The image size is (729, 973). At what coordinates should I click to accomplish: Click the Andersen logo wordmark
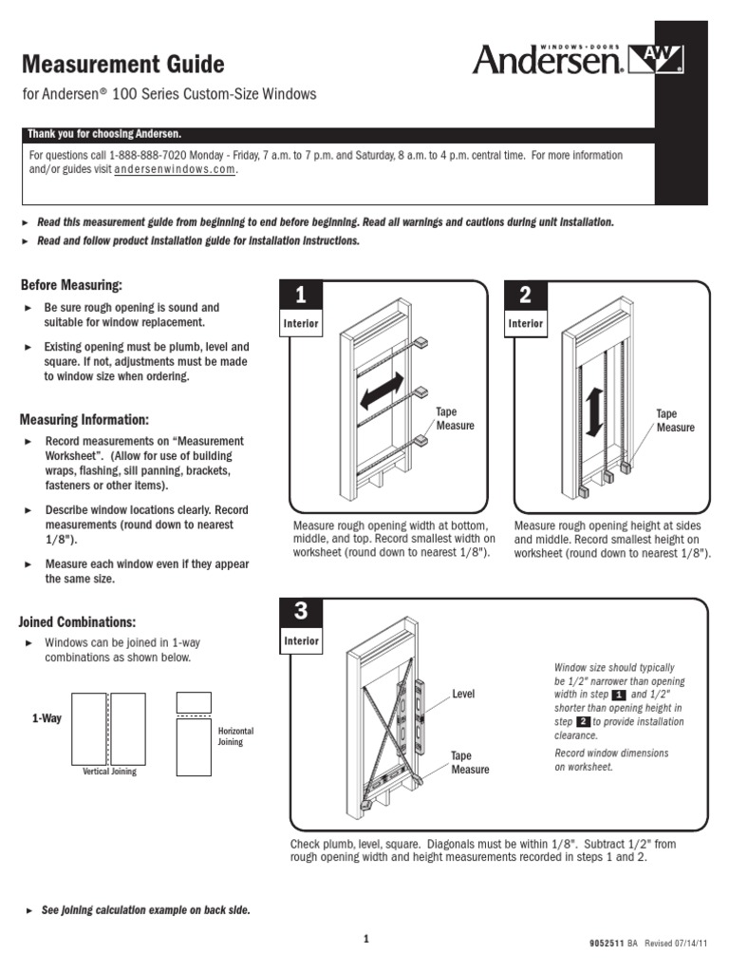coord(548,62)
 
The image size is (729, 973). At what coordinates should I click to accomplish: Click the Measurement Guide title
coord(122,65)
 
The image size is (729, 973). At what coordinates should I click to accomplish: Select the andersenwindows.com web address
coord(174,170)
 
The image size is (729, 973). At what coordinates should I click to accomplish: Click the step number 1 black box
coord(300,296)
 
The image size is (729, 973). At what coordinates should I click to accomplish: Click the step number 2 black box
coord(526,296)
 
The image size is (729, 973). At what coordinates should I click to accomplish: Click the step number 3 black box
coord(300,613)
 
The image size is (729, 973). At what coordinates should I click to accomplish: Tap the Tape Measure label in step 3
coord(470,763)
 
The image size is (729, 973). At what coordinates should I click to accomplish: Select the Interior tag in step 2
coord(526,324)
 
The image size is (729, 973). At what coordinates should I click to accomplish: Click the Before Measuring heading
coord(71,285)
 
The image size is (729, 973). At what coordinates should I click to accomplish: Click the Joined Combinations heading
coord(76,622)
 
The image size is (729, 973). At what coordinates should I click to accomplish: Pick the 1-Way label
coord(46,718)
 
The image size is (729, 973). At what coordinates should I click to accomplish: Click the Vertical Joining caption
coord(110,772)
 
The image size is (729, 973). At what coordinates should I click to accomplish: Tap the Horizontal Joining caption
coord(236,736)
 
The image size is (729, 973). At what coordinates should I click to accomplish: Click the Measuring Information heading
coord(84,419)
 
